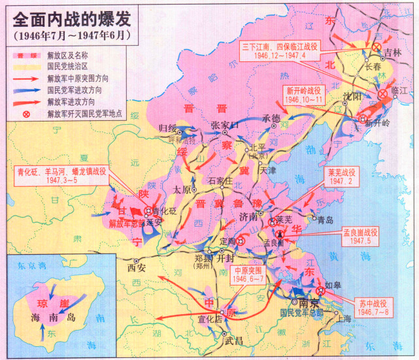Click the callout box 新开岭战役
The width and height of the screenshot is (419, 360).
pyautogui.click(x=303, y=95)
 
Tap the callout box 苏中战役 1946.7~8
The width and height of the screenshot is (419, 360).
pyautogui.click(x=373, y=307)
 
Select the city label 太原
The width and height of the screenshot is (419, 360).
pyautogui.click(x=181, y=189)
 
